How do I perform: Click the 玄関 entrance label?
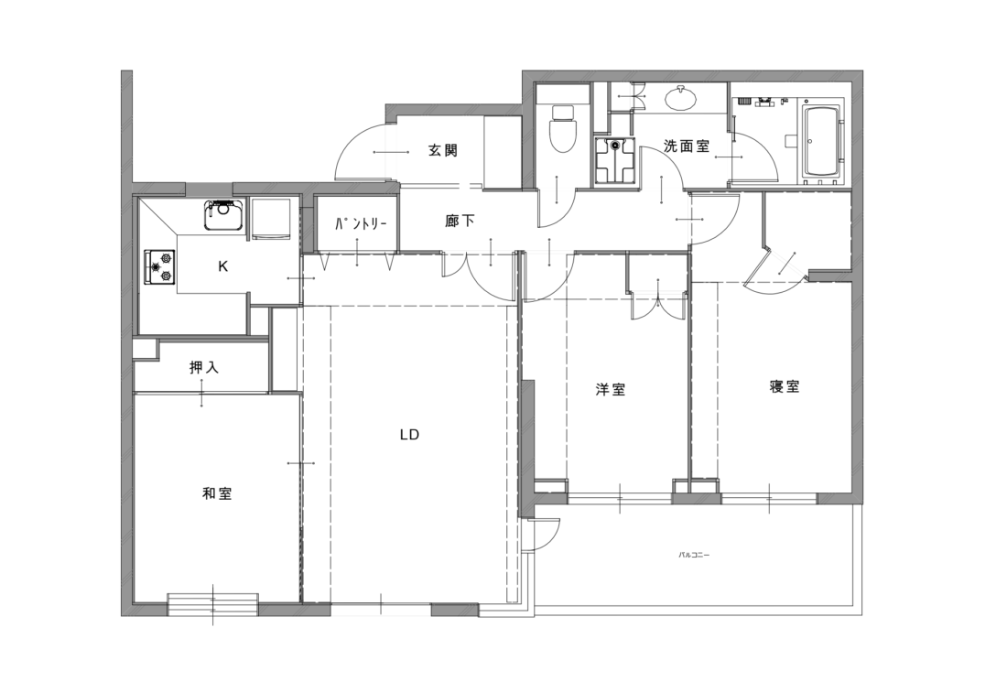[x=442, y=151]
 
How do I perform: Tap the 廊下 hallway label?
[x=460, y=222]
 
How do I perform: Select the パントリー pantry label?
[x=360, y=224]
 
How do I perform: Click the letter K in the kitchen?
[x=222, y=265]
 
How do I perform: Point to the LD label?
[x=409, y=435]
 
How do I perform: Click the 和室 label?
[x=216, y=493]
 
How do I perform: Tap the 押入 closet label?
[x=204, y=367]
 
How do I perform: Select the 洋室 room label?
[x=610, y=389]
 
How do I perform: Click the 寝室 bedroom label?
[x=785, y=386]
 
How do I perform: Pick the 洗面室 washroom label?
[x=687, y=146]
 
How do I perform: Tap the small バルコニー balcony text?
[x=694, y=554]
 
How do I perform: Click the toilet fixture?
[x=562, y=128]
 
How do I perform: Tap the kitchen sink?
[x=223, y=215]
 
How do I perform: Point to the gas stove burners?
[x=159, y=266]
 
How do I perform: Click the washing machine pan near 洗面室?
[x=616, y=160]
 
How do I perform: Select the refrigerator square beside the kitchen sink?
[x=270, y=219]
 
